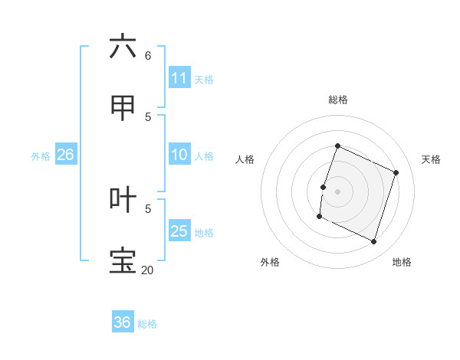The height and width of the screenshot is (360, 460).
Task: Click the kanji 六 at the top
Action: point(123,47)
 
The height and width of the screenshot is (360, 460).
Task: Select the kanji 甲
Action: point(123,108)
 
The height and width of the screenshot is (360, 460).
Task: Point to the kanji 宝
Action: point(123,261)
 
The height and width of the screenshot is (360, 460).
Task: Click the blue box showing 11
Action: point(179,78)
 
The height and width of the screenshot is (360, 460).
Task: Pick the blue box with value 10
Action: point(179,155)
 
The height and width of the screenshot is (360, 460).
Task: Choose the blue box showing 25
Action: point(179,231)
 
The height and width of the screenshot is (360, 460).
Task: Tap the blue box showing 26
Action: point(65,155)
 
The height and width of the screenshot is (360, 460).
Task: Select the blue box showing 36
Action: point(123,322)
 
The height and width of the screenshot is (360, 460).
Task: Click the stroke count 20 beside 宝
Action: point(147,270)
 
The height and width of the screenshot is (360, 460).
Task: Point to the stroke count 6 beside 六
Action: point(148,56)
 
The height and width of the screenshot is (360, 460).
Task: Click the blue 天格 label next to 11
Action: point(204,79)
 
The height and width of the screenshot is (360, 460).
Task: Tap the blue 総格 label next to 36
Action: point(147,324)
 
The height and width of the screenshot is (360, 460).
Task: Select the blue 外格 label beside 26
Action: point(41,156)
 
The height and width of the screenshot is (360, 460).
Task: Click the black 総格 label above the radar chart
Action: point(338,100)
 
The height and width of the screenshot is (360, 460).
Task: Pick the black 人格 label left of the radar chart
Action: point(245,159)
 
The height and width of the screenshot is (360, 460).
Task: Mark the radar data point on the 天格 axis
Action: point(396,172)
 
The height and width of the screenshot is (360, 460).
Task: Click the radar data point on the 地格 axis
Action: point(374,242)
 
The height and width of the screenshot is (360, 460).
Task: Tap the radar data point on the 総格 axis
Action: point(337,146)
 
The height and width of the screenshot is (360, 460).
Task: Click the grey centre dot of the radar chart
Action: point(338,190)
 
